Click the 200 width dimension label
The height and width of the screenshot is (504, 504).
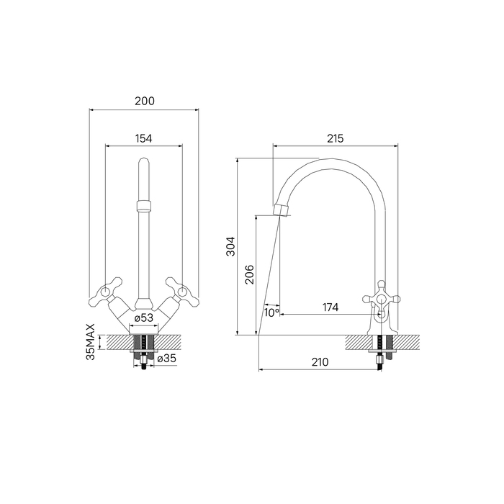[x=144, y=102]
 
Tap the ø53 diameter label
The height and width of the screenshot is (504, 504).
[x=144, y=317]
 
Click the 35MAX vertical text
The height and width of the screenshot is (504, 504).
[x=91, y=342]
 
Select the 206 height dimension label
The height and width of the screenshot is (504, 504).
[x=249, y=274]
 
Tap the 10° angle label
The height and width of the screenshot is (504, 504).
[x=271, y=312]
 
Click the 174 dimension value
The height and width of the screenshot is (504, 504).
[x=330, y=308]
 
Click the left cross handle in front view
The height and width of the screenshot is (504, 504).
[x=105, y=292]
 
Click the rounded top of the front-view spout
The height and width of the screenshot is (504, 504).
[x=144, y=167]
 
